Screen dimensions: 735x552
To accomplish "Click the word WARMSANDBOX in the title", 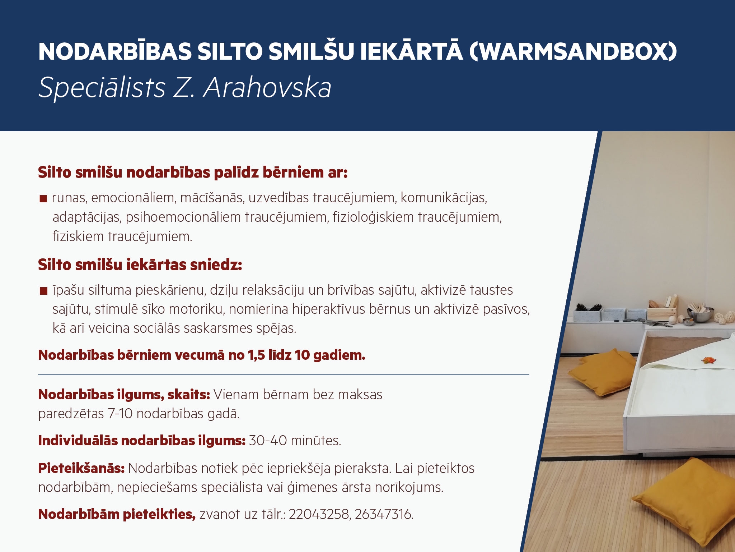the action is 573,51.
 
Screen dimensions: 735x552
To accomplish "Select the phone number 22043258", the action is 319,514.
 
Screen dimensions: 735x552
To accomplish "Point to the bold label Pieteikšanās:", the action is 81,468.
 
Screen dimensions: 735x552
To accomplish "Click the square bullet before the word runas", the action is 43,199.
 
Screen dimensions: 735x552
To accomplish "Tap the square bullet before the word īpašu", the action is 43,291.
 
